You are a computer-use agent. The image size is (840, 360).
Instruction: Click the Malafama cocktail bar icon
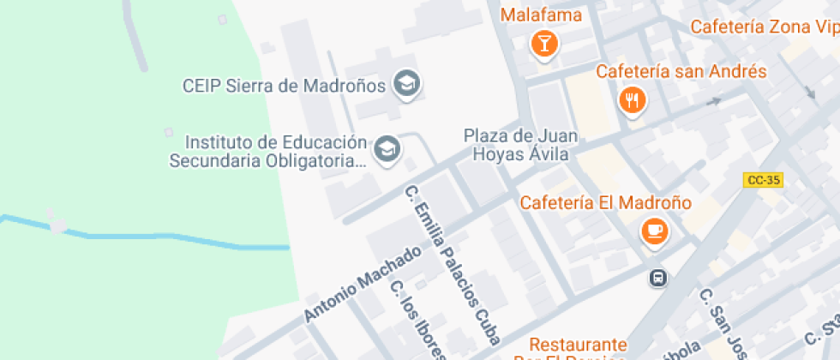pos(543,43)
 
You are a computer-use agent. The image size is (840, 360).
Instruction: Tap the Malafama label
pos(541,15)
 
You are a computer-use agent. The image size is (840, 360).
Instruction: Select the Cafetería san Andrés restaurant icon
pos(632,100)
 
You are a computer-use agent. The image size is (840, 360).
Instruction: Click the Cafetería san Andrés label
pos(681,71)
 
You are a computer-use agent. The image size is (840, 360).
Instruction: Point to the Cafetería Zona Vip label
pos(764,27)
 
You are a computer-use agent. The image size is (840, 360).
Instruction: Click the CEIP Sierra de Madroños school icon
pos(405,84)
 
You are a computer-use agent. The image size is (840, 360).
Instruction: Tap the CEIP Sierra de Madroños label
pos(284,86)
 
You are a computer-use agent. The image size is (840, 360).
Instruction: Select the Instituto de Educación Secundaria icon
pos(388,147)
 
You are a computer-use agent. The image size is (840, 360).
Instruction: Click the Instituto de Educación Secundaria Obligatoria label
pos(268,151)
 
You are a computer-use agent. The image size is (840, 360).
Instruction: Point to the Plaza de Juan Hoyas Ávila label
pos(520,145)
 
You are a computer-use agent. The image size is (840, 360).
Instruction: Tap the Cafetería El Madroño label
pos(605,203)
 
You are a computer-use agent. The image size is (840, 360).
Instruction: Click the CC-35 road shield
pos(763,180)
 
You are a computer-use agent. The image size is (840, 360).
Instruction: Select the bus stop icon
pos(658,278)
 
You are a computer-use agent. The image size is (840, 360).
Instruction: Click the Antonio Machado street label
pos(363,284)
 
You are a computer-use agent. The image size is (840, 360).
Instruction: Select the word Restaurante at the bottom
pos(577,345)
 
